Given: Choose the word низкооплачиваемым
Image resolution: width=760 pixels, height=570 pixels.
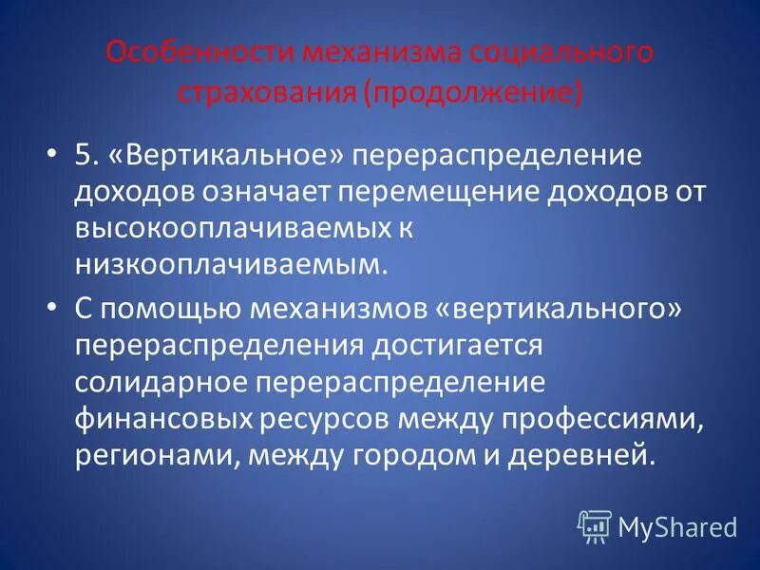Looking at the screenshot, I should click(232, 264).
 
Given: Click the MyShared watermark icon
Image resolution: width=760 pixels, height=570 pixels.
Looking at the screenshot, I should click(596, 525).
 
